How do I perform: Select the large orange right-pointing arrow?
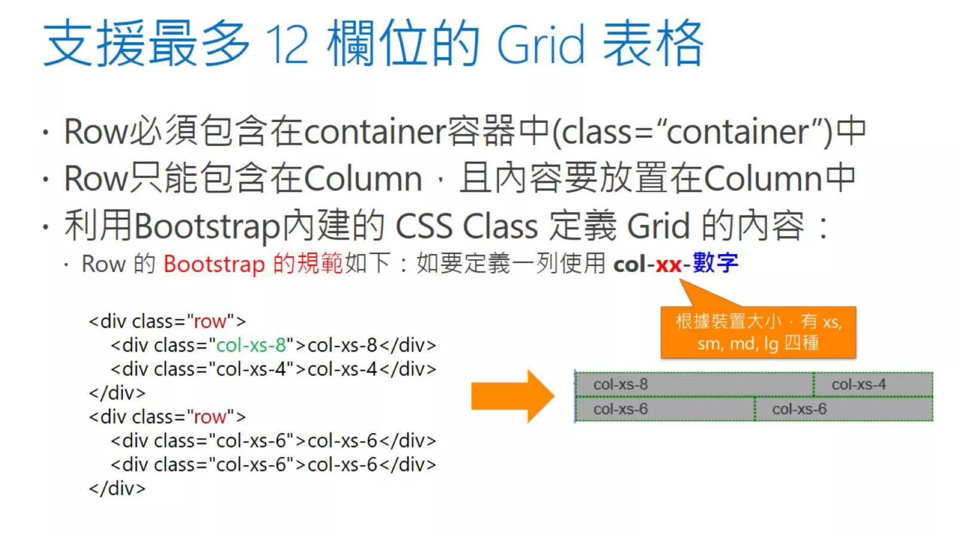(512, 396)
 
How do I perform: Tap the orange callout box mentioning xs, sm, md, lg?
(758, 332)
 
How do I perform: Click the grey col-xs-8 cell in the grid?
(694, 385)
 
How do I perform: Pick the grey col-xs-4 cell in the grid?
(873, 385)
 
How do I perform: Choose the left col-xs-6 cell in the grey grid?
(665, 409)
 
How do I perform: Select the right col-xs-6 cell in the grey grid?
(844, 409)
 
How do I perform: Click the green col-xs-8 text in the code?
(251, 345)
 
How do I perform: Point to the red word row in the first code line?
(210, 322)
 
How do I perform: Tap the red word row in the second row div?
(210, 417)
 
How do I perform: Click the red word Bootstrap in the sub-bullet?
(214, 264)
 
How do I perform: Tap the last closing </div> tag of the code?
(118, 488)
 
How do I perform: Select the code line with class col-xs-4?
(273, 369)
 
